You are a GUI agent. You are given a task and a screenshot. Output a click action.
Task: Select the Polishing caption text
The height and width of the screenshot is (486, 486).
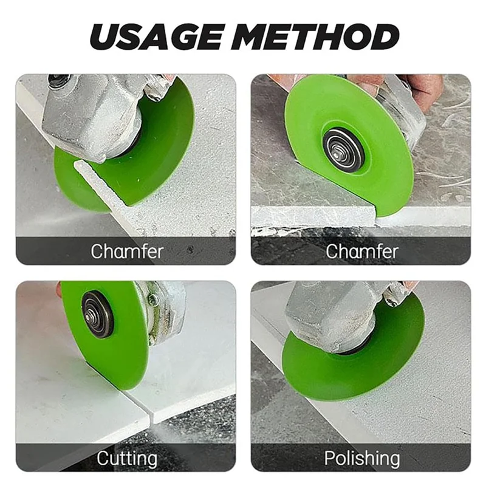pyautogui.click(x=361, y=457)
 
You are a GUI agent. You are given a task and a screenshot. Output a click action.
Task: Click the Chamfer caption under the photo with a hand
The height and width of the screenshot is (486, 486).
pyautogui.click(x=363, y=251)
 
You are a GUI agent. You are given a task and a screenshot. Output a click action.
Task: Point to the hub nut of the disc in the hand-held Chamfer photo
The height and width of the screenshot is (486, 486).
pyautogui.click(x=343, y=149)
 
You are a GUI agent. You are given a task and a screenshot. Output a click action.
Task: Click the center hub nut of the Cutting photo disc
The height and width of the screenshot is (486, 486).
pyautogui.click(x=97, y=313)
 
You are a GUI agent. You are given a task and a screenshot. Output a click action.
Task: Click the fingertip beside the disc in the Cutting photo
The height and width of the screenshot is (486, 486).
pyautogui.click(x=59, y=290)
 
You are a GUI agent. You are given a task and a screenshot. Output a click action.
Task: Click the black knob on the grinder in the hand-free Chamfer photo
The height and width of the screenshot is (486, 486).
pyautogui.click(x=59, y=80)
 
